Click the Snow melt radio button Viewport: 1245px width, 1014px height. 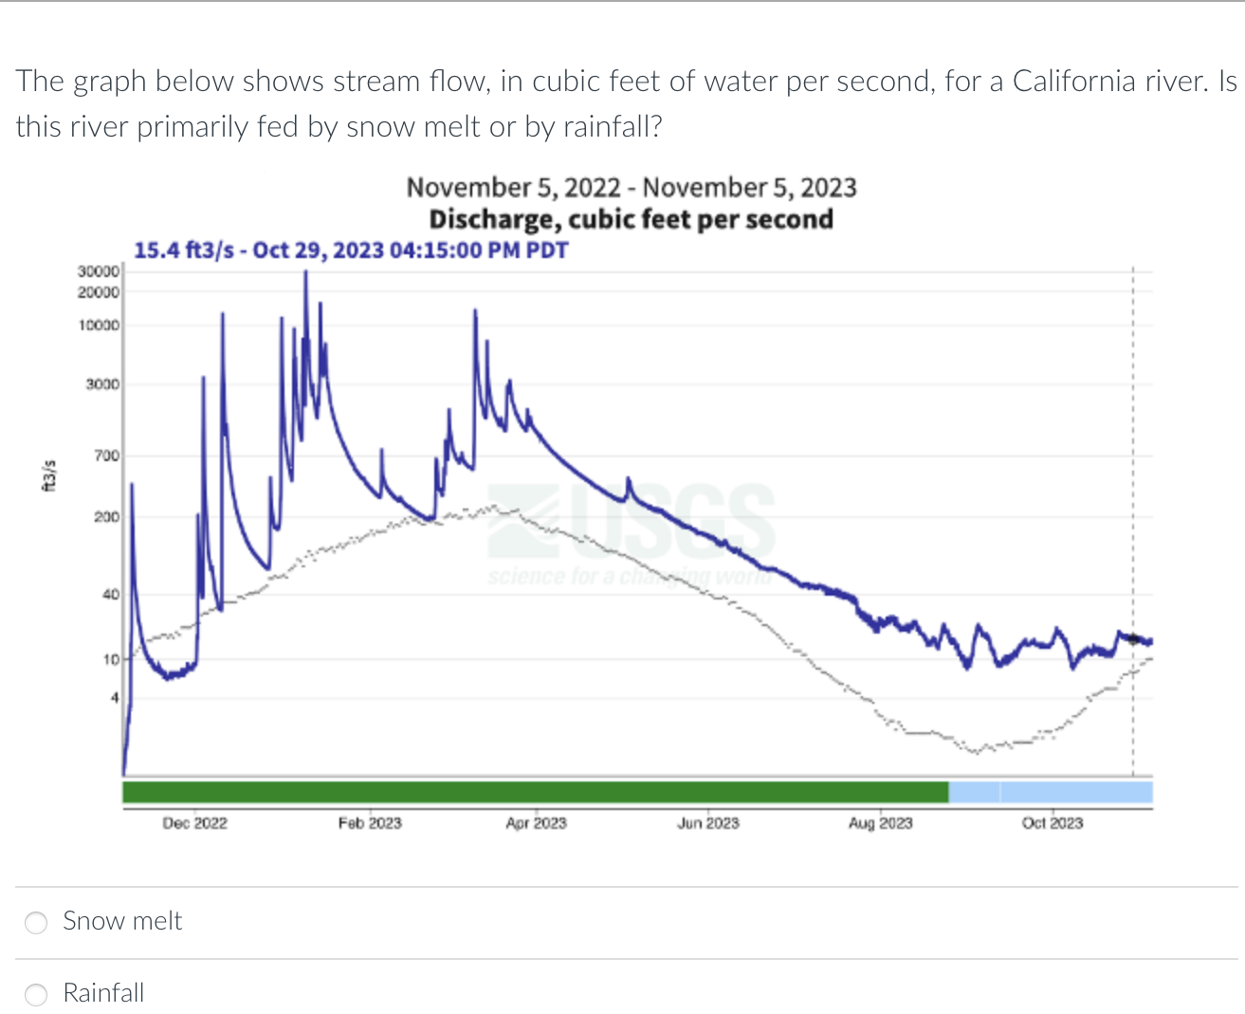pyautogui.click(x=36, y=922)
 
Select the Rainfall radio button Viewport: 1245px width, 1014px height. pyautogui.click(x=36, y=994)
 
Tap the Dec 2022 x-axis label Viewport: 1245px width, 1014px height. pyautogui.click(x=194, y=823)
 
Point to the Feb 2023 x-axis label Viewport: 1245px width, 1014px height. pyautogui.click(x=370, y=823)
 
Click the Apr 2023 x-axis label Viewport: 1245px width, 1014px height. pyautogui.click(x=536, y=823)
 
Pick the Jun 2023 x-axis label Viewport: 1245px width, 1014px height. pyautogui.click(x=707, y=823)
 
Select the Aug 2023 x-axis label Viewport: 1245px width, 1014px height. pyautogui.click(x=880, y=823)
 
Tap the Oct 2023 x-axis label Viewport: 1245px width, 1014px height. pyautogui.click(x=1052, y=823)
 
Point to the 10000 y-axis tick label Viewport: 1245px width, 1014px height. pyautogui.click(x=99, y=325)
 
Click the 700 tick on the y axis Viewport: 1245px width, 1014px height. pyautogui.click(x=106, y=456)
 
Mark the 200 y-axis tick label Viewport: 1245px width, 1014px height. pyautogui.click(x=106, y=517)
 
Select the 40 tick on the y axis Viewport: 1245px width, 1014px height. pyautogui.click(x=111, y=595)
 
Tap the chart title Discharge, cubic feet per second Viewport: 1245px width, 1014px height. pyautogui.click(x=631, y=219)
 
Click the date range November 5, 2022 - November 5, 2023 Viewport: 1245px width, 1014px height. pyautogui.click(x=631, y=188)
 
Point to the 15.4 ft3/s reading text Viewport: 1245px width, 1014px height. pyautogui.click(x=351, y=250)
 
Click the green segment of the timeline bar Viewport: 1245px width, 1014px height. pyautogui.click(x=536, y=792)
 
